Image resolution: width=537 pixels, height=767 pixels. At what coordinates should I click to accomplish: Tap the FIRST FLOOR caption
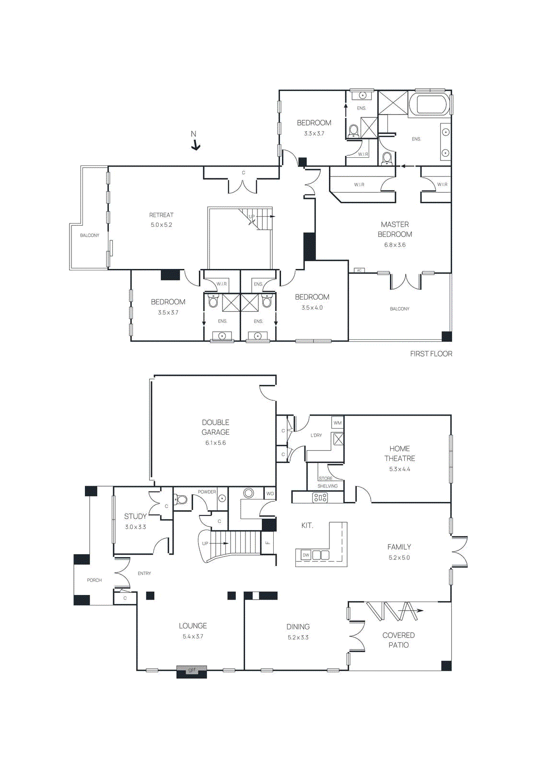coord(431,354)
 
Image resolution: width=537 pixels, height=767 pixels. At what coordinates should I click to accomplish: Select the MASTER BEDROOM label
coord(395,229)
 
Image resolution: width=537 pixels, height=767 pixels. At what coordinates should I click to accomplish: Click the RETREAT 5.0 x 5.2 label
coord(161,220)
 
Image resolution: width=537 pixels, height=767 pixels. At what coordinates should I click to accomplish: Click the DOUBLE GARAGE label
coord(215,427)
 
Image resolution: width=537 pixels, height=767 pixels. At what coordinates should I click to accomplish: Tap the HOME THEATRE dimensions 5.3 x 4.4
coord(399,469)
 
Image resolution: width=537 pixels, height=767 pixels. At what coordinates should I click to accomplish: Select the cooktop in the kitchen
coord(320,498)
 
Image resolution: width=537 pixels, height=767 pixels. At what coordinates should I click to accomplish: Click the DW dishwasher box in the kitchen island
coord(306,555)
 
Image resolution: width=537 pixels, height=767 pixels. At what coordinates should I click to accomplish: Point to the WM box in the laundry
coord(338,423)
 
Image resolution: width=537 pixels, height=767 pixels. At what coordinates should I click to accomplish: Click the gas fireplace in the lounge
coord(192,671)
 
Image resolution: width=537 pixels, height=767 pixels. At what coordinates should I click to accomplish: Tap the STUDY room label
coord(135,516)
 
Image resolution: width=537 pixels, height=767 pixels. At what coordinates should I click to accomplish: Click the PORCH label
coord(94,581)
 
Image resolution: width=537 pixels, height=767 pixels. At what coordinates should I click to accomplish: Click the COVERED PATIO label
coord(398,640)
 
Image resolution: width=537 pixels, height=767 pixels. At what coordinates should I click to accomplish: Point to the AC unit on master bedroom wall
coord(359,271)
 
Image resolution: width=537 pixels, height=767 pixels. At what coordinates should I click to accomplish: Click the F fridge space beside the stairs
coord(268,543)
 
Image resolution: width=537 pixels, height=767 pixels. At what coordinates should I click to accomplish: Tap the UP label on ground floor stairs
coord(205,544)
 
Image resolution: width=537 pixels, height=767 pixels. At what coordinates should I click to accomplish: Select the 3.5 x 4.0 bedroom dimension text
coord(312,308)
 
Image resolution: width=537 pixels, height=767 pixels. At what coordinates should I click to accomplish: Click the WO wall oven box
coord(270,493)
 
